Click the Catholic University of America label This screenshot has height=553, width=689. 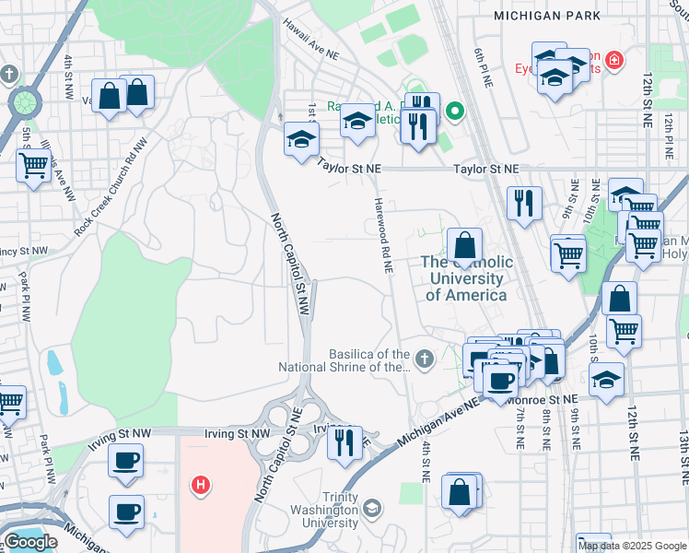pos(466,278)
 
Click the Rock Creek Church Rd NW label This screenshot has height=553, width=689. pos(109,198)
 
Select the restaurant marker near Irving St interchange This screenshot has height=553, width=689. pos(344,442)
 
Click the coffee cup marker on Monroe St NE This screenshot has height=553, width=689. pos(500,381)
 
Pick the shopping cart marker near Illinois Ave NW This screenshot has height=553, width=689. pos(34,166)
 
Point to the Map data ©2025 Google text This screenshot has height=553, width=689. pos(632,546)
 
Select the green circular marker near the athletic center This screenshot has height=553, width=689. pos(454,113)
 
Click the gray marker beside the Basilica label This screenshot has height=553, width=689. pos(424,358)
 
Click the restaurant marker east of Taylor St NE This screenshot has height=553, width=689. pos(524,202)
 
